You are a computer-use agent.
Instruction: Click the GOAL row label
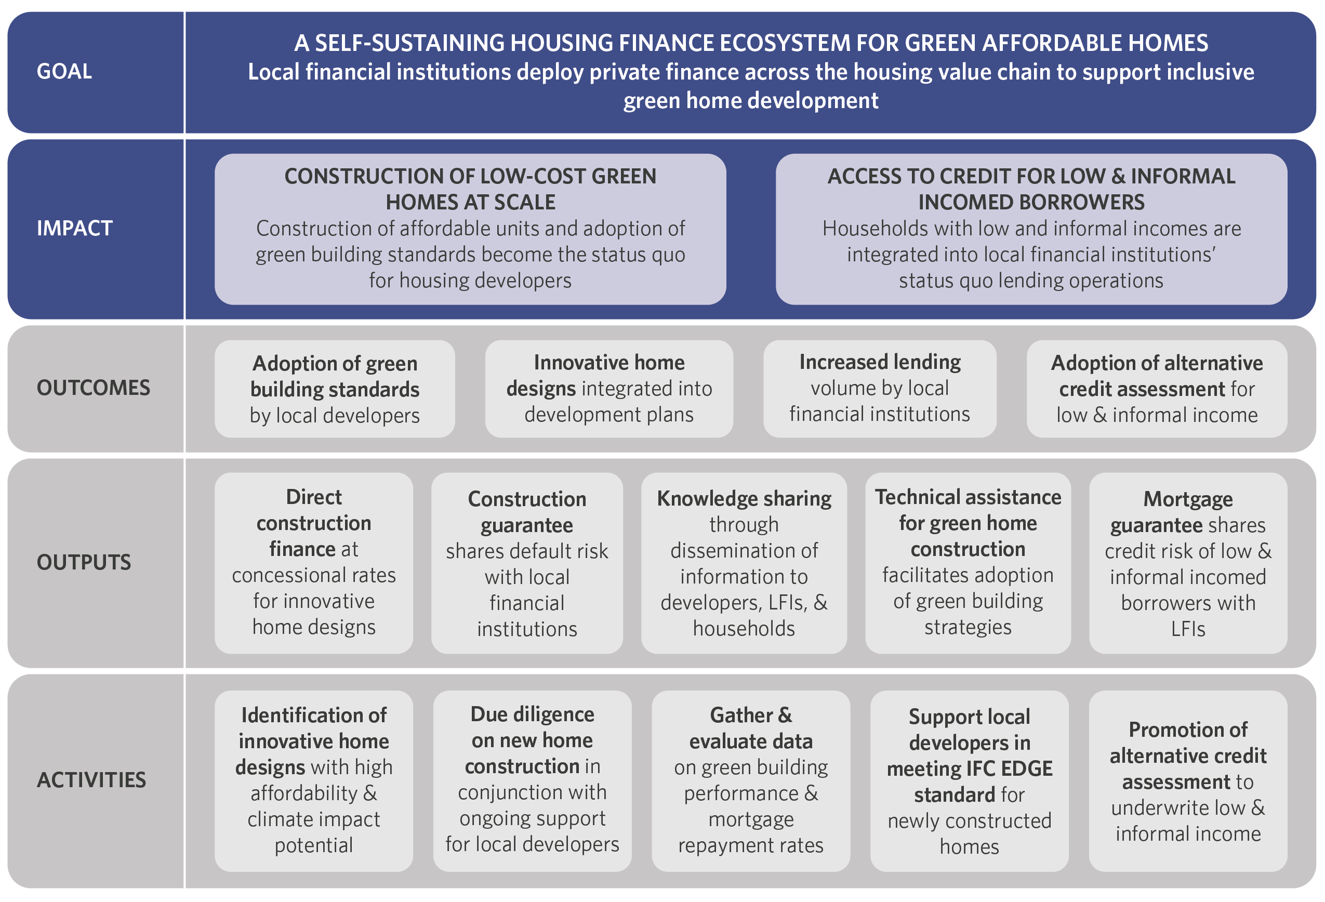coord(64,72)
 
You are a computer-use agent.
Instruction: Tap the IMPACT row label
coord(75,228)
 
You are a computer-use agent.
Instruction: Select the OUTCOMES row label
coord(94,388)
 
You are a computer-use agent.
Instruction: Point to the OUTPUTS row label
coord(84,562)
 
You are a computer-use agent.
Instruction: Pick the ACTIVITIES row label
coord(91,780)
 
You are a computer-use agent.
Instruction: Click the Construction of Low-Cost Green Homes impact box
coord(470,229)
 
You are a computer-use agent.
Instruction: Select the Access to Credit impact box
coord(1031,229)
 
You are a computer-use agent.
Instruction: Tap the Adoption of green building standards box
coord(335,389)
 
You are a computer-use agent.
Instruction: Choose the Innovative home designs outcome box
coord(609,389)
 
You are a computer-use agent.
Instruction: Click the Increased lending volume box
coord(880,389)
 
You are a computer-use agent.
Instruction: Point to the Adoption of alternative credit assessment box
coord(1157,389)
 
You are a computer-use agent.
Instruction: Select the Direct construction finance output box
coord(313,563)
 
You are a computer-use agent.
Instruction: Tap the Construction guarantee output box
coord(527,563)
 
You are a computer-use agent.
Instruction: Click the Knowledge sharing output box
coord(744,563)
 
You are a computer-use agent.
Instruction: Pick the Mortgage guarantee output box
coord(1188,563)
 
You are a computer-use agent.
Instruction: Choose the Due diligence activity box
coord(532,780)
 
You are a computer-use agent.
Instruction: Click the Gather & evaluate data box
coord(751,780)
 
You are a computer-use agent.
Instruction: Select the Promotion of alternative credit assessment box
coord(1188,780)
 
